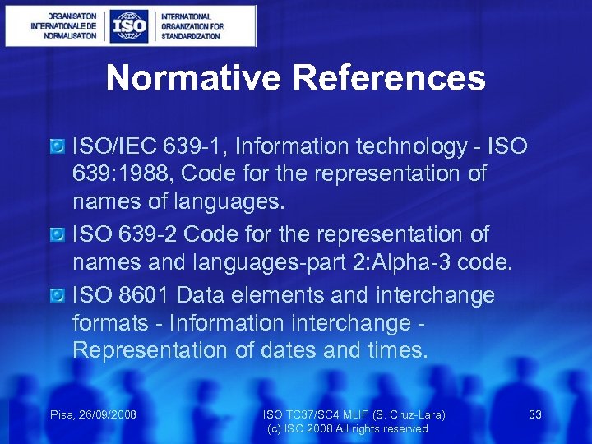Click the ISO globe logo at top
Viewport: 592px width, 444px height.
tap(131, 26)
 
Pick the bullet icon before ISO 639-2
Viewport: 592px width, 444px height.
tap(57, 235)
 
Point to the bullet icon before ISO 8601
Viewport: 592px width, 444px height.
tap(57, 295)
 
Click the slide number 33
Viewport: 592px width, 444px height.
tap(535, 414)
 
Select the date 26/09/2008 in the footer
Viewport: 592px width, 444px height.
tap(106, 414)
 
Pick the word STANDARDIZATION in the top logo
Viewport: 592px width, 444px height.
tap(191, 36)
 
